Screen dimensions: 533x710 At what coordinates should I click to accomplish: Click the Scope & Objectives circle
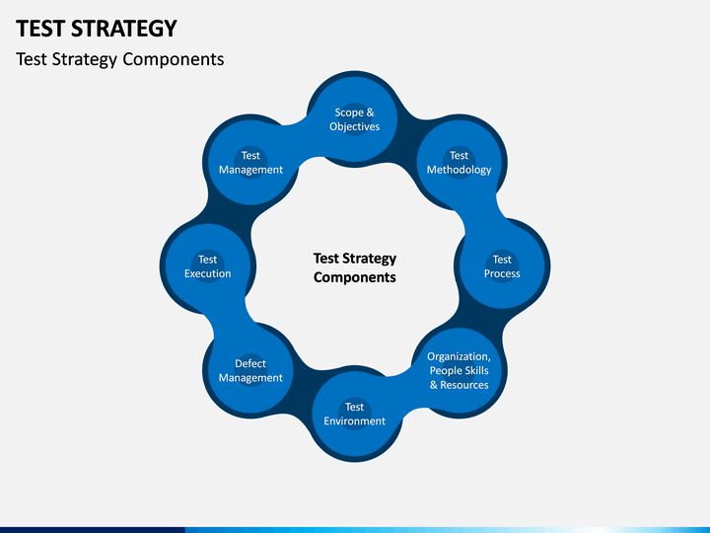354,119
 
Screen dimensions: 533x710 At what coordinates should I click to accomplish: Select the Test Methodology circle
459,162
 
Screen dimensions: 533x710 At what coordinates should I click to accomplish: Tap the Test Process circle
502,266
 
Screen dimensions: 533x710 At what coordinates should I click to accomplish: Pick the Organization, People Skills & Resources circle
459,370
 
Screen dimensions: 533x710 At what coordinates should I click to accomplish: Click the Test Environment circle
354,414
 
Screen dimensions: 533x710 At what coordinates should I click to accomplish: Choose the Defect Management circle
250,370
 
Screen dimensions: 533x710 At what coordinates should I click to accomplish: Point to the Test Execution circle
207,266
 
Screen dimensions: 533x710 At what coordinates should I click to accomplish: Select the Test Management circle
250,162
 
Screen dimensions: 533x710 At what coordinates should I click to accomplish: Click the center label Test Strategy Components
354,267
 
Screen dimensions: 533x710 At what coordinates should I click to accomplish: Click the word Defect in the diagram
250,364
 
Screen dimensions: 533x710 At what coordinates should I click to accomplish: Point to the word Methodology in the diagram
459,170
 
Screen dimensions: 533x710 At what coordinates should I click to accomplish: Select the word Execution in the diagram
207,274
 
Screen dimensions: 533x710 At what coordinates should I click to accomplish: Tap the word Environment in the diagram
354,421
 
